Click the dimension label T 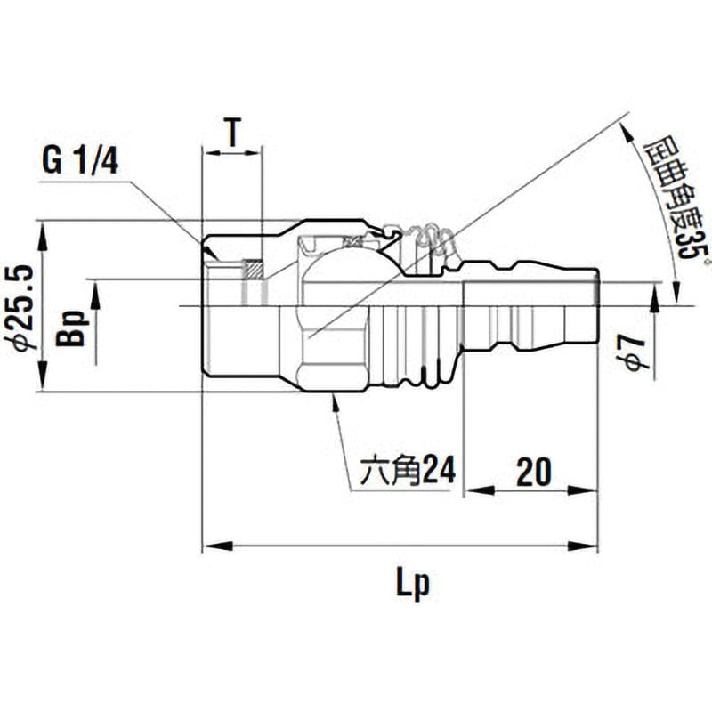232,134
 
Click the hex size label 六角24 406,469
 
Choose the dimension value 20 533,469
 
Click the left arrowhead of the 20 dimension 473,489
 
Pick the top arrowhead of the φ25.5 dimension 43,229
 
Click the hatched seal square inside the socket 254,268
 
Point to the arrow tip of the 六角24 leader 333,398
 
